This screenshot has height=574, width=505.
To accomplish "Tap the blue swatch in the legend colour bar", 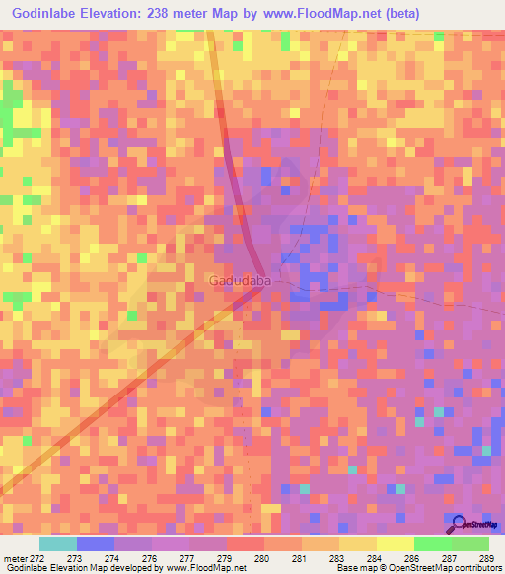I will click(x=96, y=543).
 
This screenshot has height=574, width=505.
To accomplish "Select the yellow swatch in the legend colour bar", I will click(x=395, y=543).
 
